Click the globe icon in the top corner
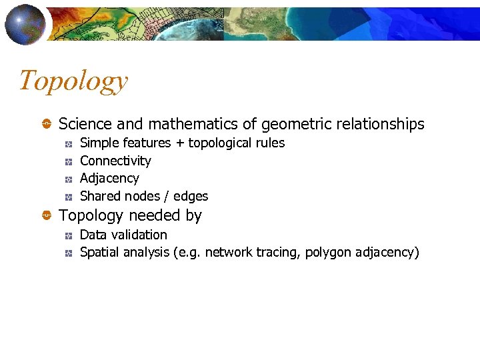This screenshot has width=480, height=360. pos(25,23)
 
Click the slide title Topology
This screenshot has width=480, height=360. pos(73,81)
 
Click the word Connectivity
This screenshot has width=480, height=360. pos(115,161)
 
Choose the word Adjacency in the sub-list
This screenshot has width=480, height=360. pos(109,179)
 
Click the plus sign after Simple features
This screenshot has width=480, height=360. pos(179,143)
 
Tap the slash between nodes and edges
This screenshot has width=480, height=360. pos(167,197)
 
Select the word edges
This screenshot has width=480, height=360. pos(191,197)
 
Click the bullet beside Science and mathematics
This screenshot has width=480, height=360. pos(47,125)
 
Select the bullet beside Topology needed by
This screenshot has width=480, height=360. pos(47,216)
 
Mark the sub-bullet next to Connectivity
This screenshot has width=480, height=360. pos(69,161)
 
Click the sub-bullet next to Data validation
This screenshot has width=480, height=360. pos(69,235)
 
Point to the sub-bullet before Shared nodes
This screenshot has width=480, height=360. pos(69,197)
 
